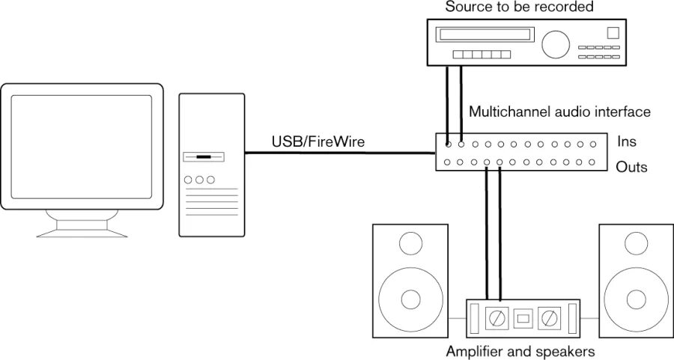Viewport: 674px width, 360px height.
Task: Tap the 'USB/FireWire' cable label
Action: coord(318,141)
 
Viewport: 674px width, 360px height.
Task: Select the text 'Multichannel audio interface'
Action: coord(559,112)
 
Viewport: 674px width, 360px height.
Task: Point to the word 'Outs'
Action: coord(631,167)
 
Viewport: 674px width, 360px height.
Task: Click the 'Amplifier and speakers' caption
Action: coord(520,351)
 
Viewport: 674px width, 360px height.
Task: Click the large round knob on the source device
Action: coord(556,44)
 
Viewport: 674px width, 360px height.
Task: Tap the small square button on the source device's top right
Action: coord(613,32)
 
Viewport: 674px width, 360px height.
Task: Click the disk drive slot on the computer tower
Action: coord(202,158)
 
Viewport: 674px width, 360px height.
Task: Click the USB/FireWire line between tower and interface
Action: coord(341,154)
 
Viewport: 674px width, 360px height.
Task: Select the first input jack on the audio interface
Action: coord(448,142)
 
